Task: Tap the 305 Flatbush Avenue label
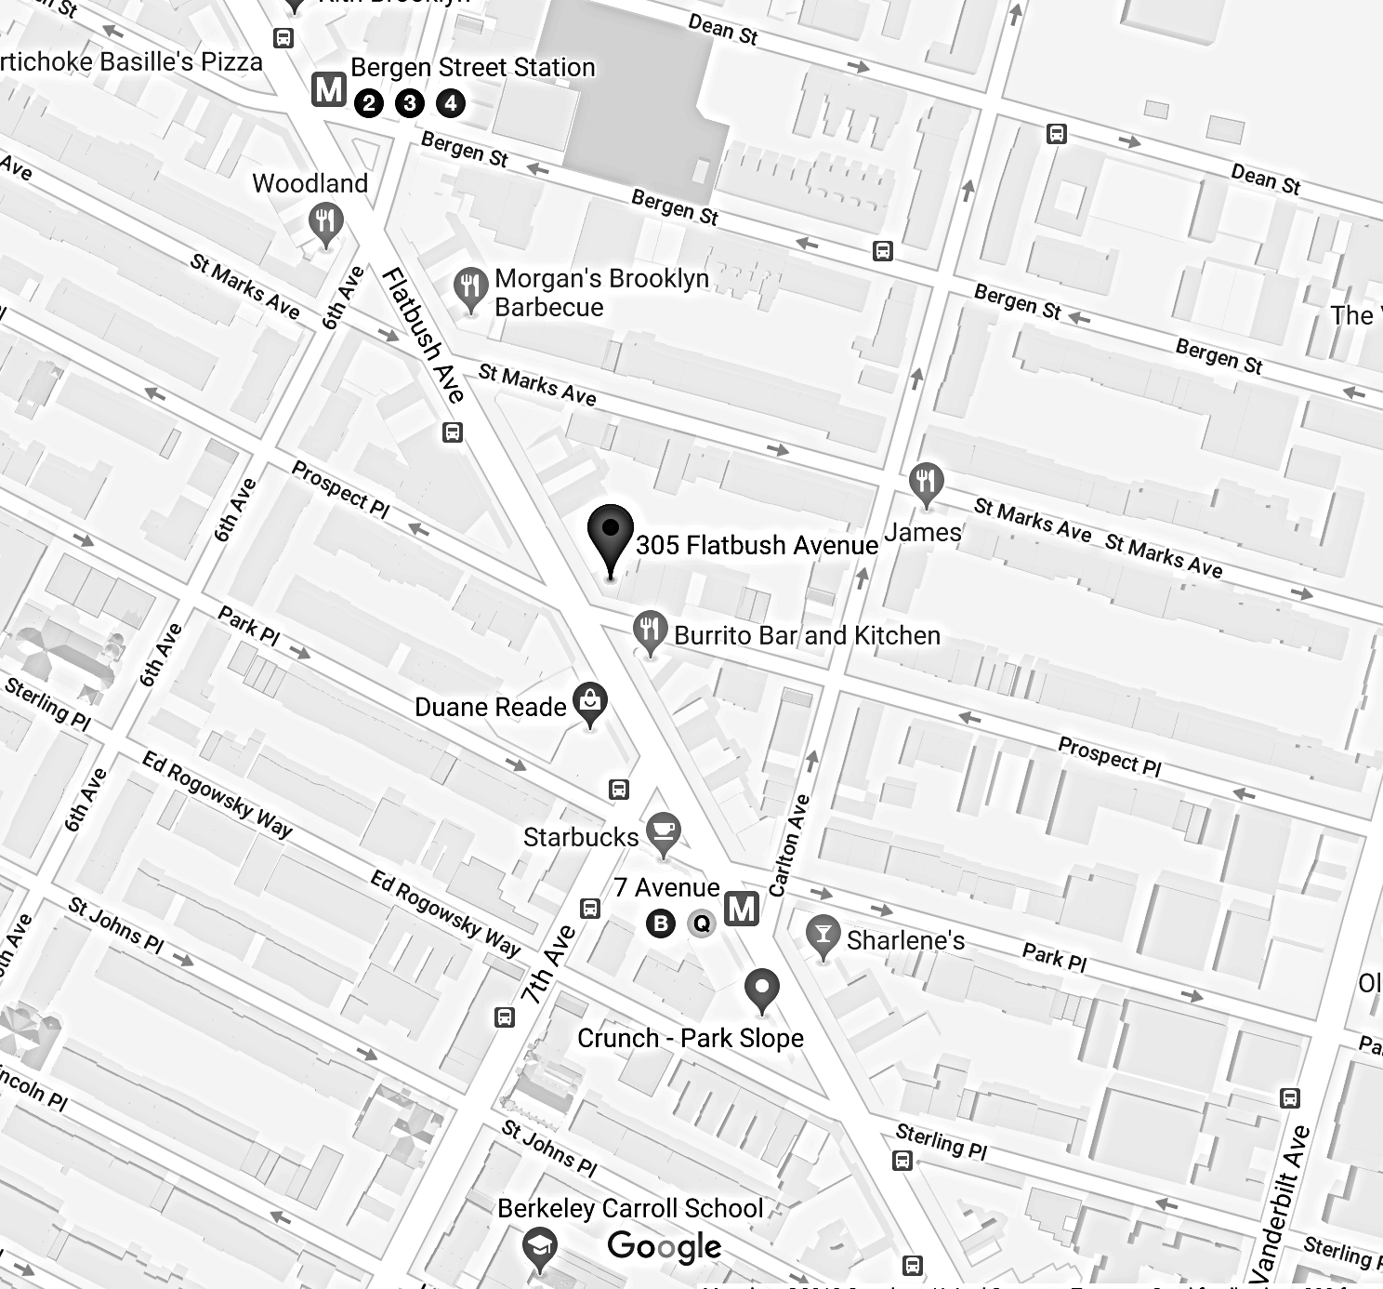(x=757, y=545)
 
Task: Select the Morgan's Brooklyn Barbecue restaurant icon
(x=470, y=286)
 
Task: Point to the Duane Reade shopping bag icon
(x=590, y=702)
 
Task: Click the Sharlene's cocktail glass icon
(x=823, y=935)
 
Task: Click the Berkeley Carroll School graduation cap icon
(x=539, y=1246)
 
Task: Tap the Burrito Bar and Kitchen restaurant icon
(x=650, y=631)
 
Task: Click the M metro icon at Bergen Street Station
(x=328, y=89)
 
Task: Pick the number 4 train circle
(x=451, y=102)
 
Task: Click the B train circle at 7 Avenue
(x=661, y=924)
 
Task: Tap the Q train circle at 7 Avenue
(x=702, y=924)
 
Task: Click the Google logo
(x=664, y=1246)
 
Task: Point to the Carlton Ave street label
(x=789, y=845)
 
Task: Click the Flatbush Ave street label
(x=424, y=335)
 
